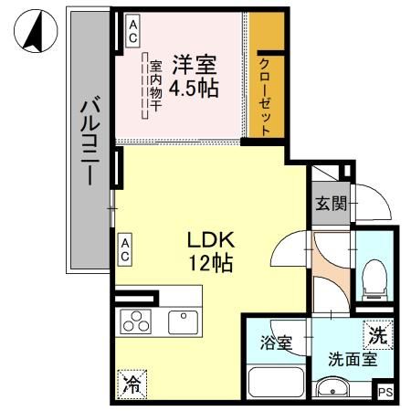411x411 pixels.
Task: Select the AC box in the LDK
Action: click(125, 248)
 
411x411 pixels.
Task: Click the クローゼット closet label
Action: click(264, 96)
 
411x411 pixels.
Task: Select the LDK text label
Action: click(212, 240)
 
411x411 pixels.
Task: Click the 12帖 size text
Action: click(212, 265)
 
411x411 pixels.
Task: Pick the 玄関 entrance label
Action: click(331, 203)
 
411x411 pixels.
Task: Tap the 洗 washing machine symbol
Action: click(377, 335)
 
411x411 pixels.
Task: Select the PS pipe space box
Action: click(387, 392)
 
